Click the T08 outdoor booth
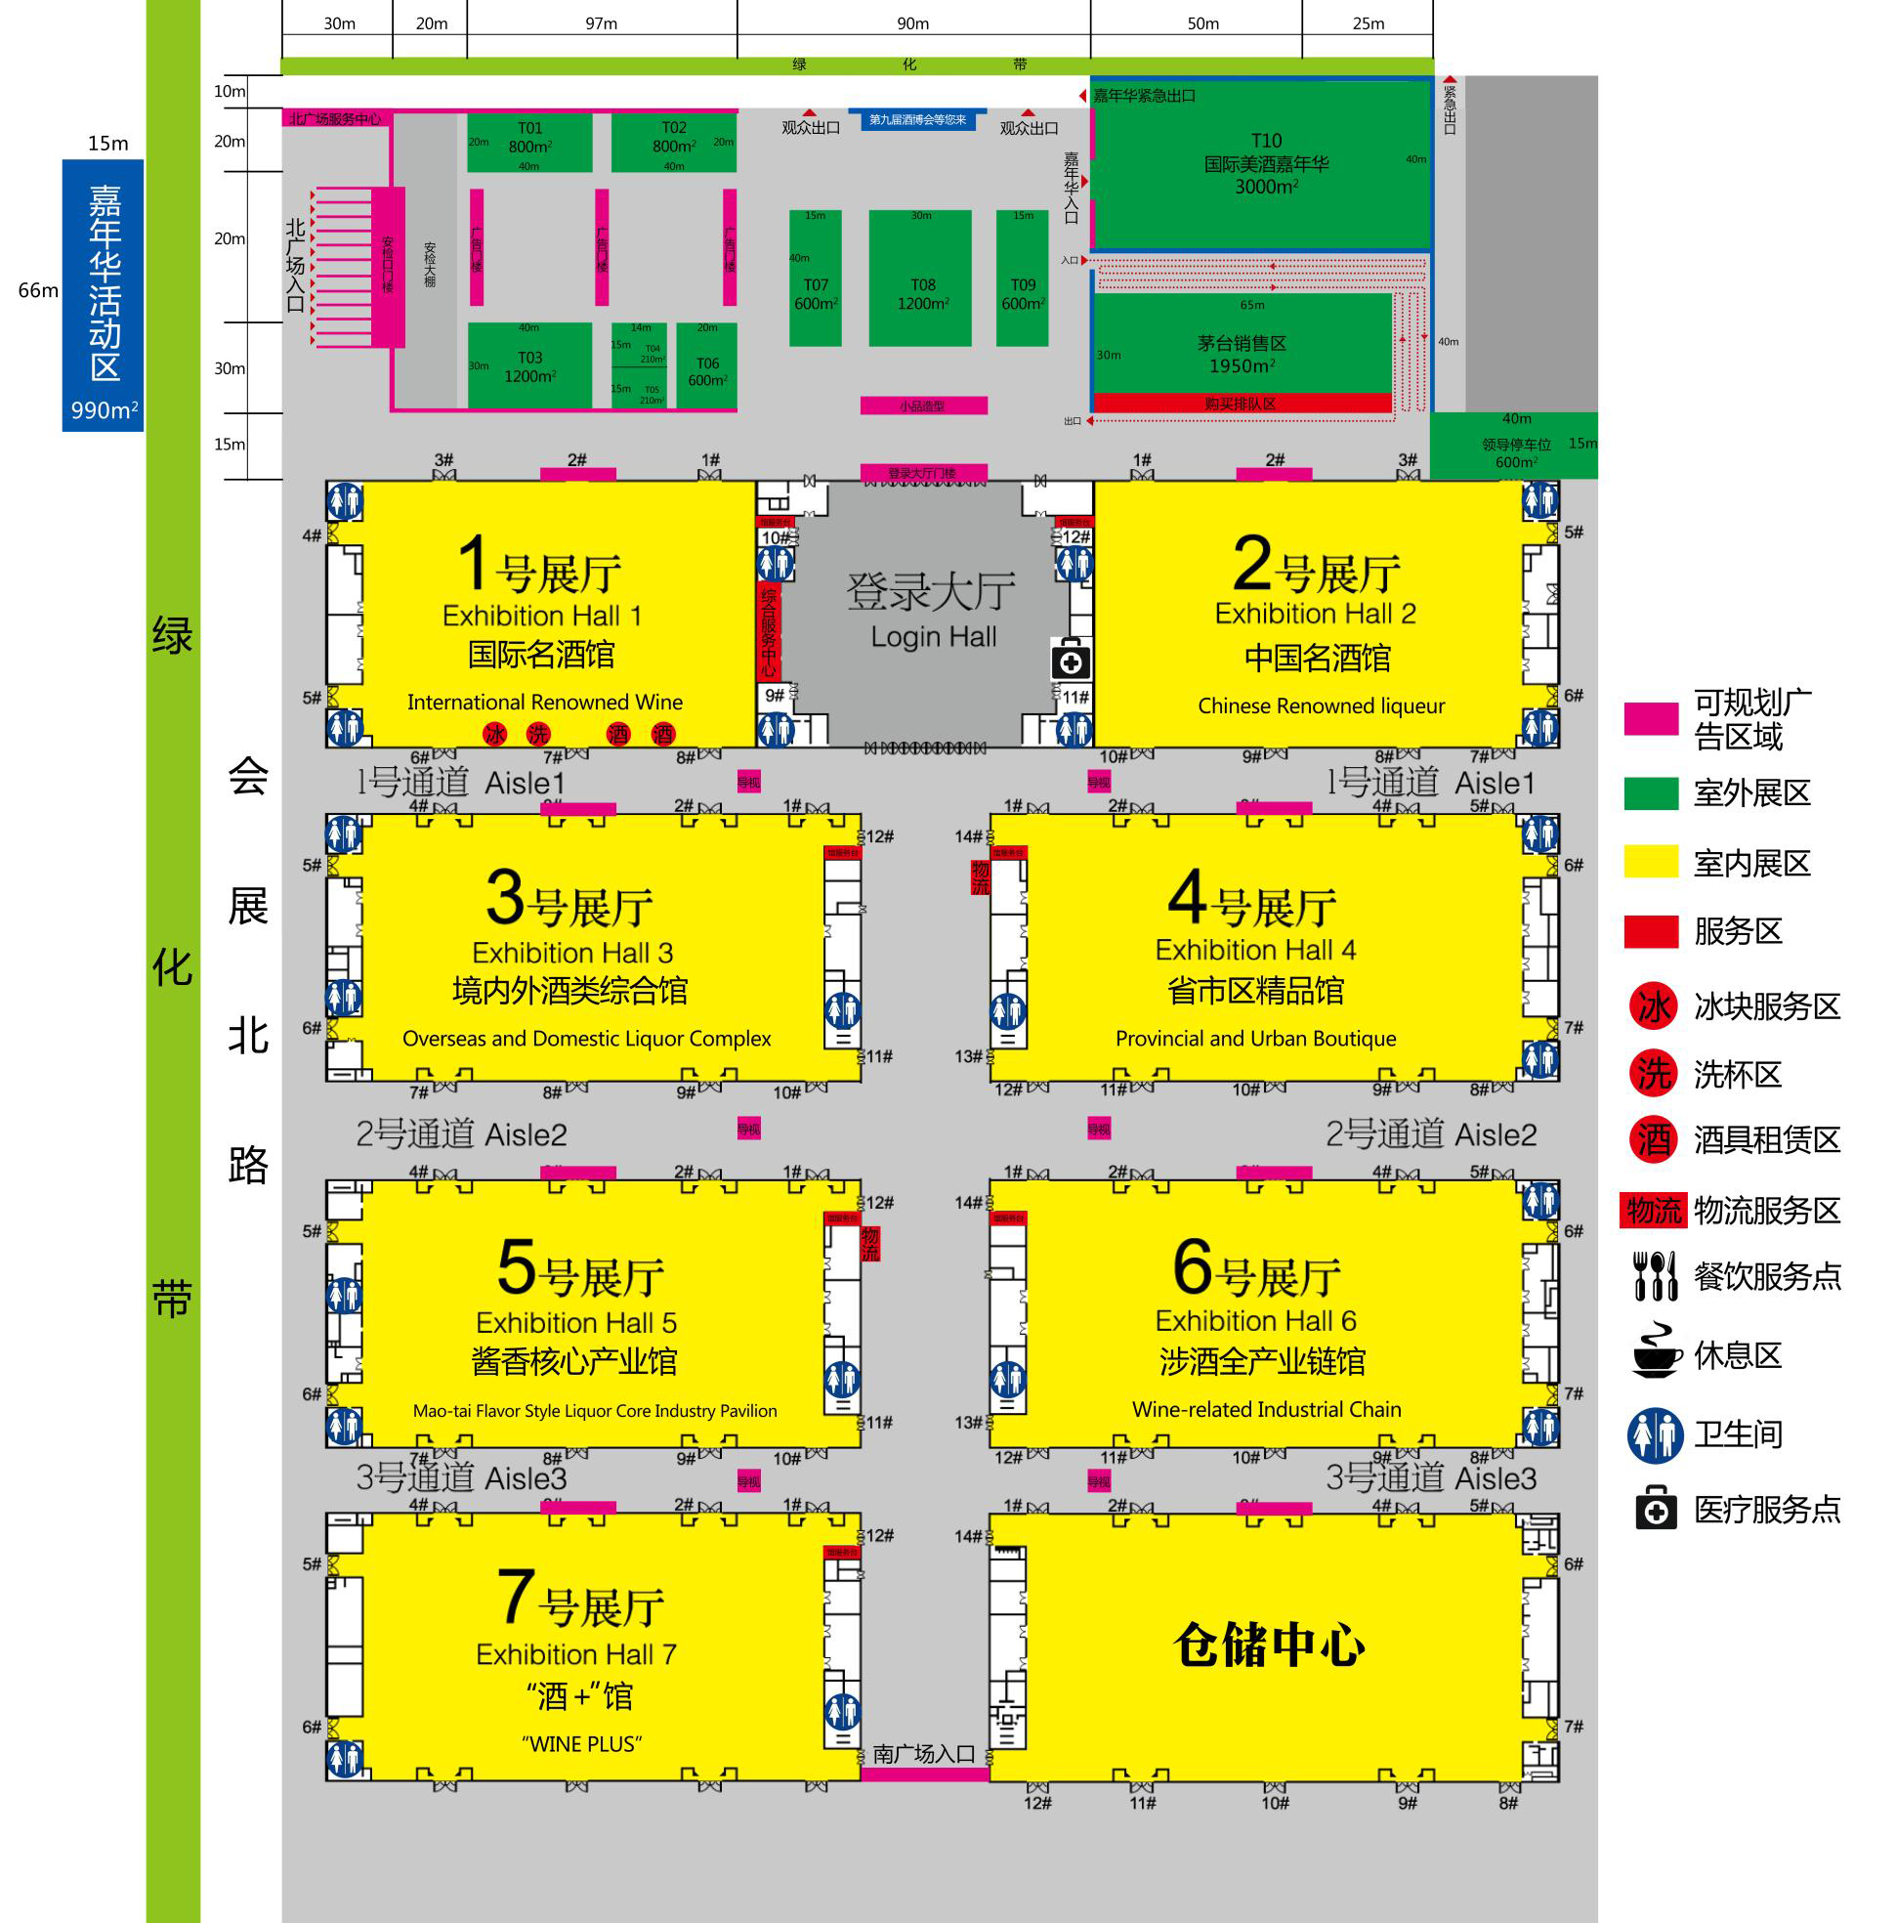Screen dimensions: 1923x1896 (x=921, y=278)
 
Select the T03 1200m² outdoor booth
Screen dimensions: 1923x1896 (x=529, y=365)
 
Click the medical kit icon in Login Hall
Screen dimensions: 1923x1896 (x=1071, y=660)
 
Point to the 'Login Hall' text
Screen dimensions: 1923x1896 (x=933, y=637)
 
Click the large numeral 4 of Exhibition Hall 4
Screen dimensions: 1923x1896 (x=1188, y=899)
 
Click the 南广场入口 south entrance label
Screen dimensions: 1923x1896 (x=924, y=1754)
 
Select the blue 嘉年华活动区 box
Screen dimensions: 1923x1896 (x=104, y=296)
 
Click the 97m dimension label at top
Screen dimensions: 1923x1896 (x=601, y=23)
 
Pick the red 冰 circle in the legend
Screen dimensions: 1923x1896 (x=1653, y=1007)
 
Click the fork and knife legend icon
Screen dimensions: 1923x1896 (x=1655, y=1276)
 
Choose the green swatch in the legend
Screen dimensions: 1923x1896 (x=1651, y=794)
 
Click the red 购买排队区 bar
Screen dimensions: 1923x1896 (x=1242, y=404)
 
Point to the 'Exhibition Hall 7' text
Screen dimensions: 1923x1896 (x=576, y=1654)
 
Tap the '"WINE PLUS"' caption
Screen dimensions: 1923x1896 (x=581, y=1745)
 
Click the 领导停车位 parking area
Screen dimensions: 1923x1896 (x=1514, y=446)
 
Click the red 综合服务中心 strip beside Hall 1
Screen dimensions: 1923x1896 (x=769, y=632)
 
